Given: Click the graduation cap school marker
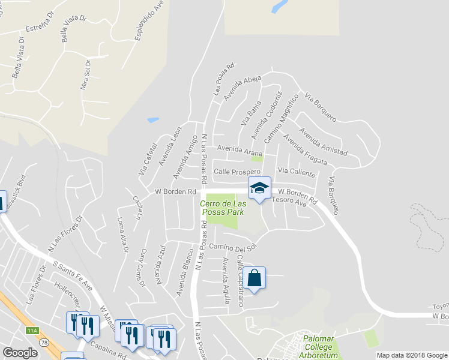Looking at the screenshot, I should (259, 189).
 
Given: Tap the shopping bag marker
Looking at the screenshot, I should (255, 278).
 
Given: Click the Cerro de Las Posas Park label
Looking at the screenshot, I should (221, 208).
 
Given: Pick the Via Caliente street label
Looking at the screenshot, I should (297, 172).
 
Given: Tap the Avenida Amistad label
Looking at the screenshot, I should (324, 139).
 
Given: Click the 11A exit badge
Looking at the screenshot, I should (32, 330).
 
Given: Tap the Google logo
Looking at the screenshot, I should (20, 353).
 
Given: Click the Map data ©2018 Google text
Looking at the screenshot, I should (412, 355).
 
